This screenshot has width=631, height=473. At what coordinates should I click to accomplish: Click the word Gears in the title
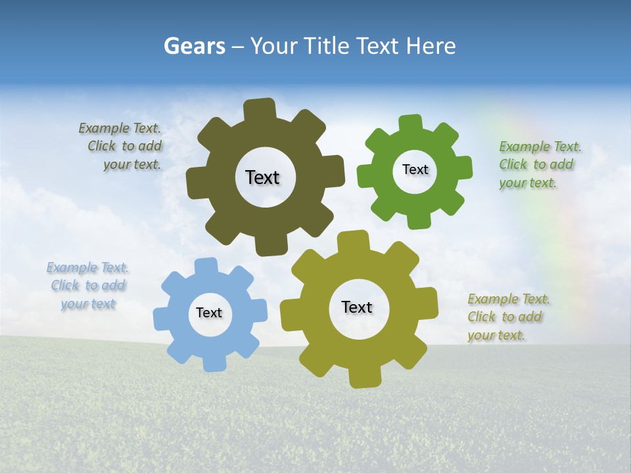tap(194, 46)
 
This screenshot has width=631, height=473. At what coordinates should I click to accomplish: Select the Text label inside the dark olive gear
tap(262, 177)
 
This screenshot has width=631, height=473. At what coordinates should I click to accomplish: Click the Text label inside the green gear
tap(415, 169)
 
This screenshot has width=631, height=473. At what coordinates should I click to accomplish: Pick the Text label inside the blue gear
tap(209, 313)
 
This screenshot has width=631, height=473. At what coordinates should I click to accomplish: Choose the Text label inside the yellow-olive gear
tap(357, 307)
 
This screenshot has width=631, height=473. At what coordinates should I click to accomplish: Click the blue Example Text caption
tap(88, 286)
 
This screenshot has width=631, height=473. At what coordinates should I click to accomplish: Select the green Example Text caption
tap(540, 164)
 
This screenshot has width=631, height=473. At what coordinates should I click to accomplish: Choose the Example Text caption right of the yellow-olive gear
tap(507, 317)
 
